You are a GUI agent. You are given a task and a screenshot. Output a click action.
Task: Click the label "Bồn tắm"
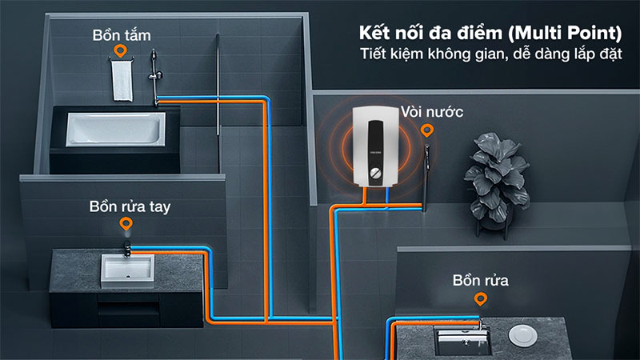(122, 35)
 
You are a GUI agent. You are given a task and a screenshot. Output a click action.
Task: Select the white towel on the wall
(121, 81)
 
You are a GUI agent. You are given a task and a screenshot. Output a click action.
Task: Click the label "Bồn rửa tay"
(130, 208)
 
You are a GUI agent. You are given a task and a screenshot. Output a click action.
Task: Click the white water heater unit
(376, 150)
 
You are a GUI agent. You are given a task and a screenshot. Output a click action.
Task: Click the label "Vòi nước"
(432, 111)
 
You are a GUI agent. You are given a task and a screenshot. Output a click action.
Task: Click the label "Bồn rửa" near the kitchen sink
(481, 281)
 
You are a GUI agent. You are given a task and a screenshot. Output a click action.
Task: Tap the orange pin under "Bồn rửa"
(480, 299)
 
